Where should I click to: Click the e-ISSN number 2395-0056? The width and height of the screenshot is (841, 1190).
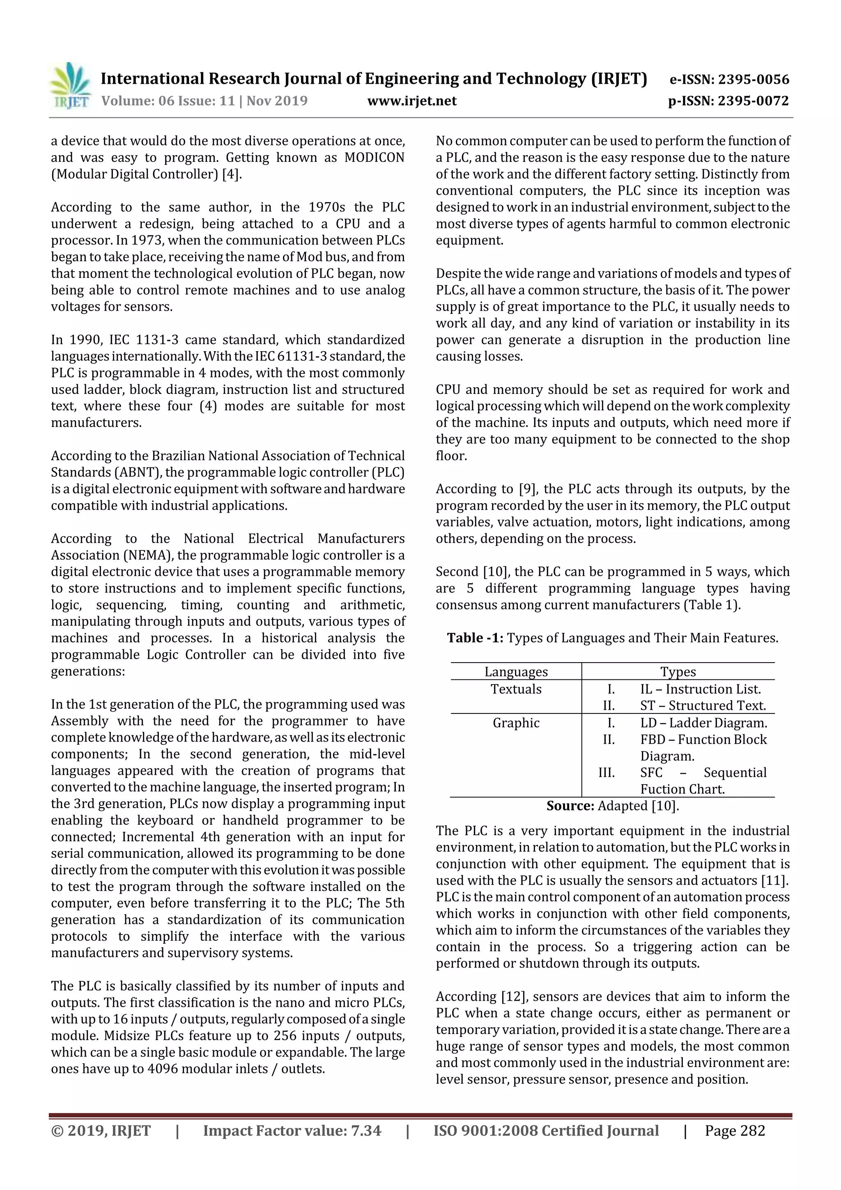click(753, 79)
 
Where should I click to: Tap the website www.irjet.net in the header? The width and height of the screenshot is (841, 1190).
click(411, 101)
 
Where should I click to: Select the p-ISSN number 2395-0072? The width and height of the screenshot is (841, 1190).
click(753, 101)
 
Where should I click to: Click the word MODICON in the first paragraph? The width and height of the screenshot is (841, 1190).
click(374, 158)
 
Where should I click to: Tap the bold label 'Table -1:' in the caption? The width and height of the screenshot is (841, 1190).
click(475, 638)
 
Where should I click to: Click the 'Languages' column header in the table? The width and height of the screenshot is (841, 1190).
click(516, 672)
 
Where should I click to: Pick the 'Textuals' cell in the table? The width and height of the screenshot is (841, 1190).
click(516, 689)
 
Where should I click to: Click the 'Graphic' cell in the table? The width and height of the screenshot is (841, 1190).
click(516, 723)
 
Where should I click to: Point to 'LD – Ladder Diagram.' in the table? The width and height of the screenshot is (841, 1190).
click(703, 723)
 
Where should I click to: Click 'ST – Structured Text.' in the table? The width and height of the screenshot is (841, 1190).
click(703, 706)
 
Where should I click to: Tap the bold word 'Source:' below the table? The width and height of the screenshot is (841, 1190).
click(570, 806)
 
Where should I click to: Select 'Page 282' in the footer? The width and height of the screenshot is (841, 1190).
click(734, 1131)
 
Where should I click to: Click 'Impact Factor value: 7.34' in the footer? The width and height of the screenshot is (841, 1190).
click(292, 1131)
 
